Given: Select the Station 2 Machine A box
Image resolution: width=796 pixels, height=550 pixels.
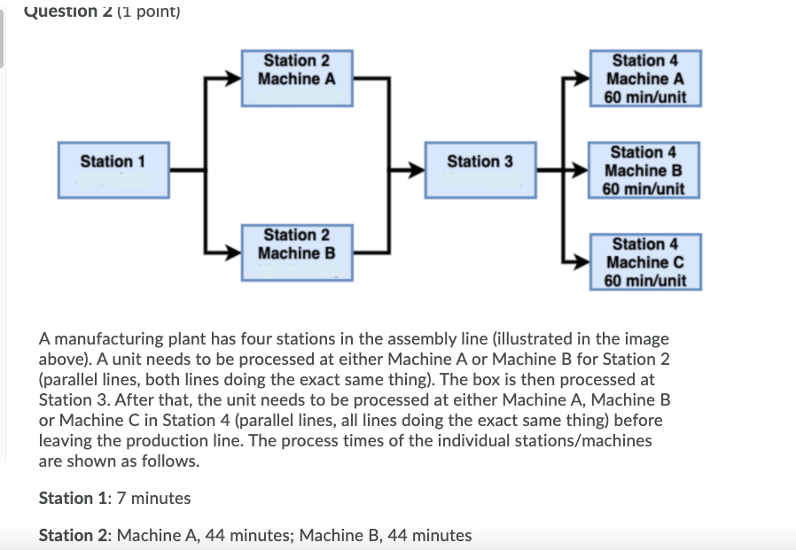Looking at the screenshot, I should pos(297,79).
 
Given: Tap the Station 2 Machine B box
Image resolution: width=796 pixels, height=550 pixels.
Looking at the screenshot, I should pos(297,253).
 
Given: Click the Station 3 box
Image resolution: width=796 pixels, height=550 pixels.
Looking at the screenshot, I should pos(480,168).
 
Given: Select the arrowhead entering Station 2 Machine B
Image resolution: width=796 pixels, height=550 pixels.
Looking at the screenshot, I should pos(234,254).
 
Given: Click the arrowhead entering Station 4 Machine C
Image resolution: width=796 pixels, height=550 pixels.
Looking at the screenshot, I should pos(581,262).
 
